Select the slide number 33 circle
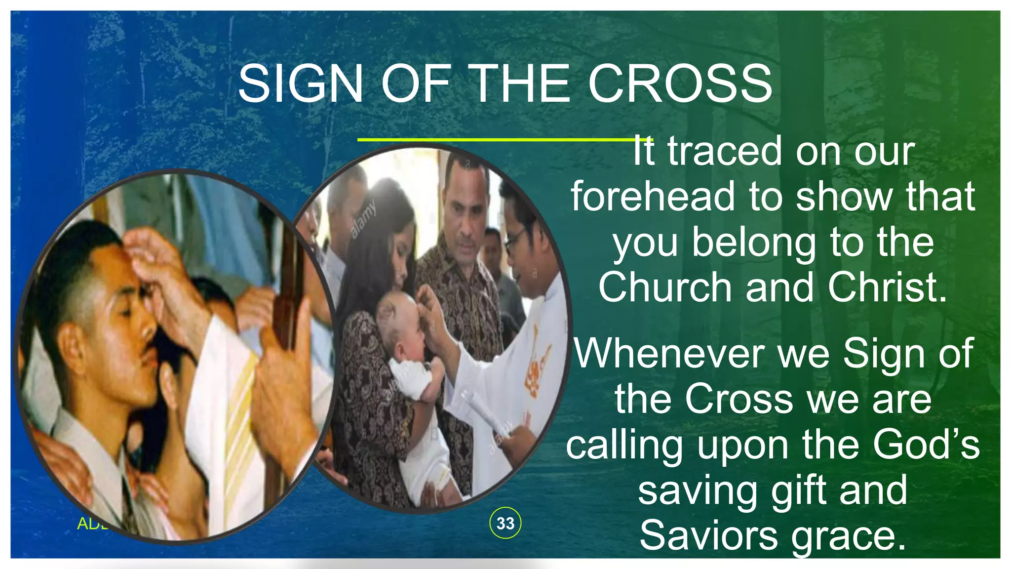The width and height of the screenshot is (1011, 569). tap(505, 523)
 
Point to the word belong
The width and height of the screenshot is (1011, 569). tap(753, 243)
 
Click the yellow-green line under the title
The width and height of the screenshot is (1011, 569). tap(494, 140)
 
